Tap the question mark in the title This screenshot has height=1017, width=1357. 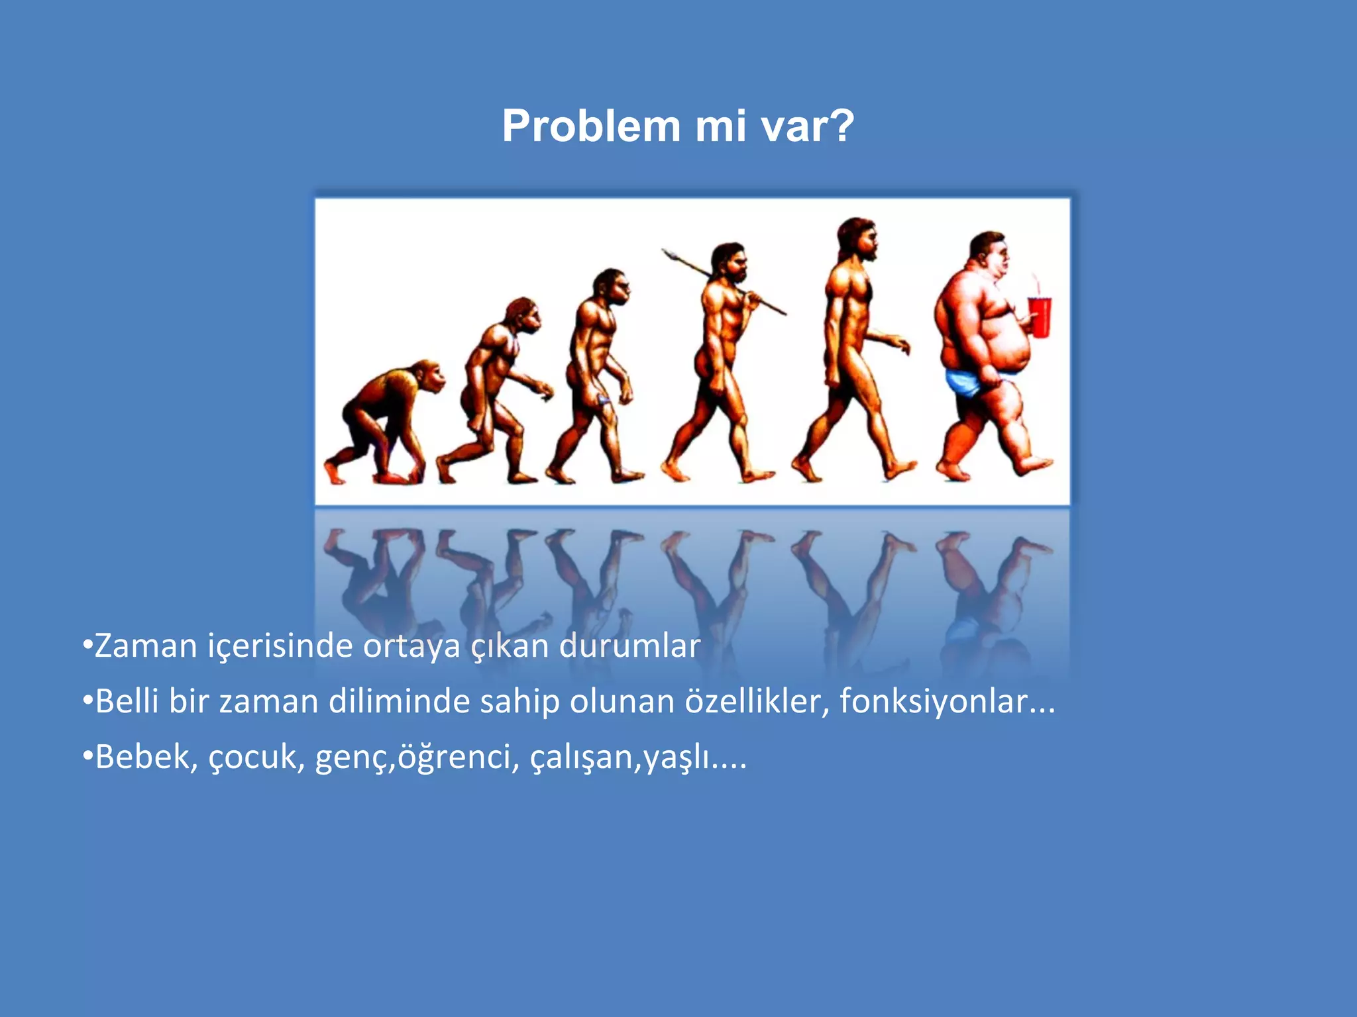841,126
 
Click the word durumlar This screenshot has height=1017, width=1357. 629,646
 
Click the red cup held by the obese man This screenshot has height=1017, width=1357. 1040,317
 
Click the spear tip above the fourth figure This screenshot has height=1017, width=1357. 669,253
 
